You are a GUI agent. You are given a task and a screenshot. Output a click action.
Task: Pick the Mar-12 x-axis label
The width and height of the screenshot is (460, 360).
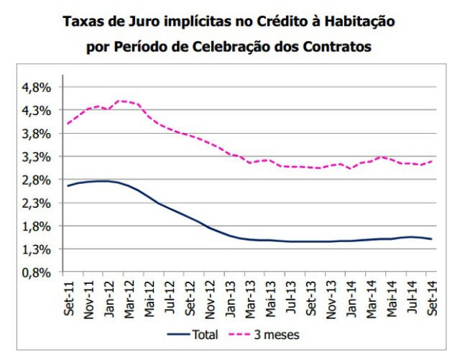126,294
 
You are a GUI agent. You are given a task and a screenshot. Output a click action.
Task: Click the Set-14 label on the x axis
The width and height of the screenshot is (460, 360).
433,294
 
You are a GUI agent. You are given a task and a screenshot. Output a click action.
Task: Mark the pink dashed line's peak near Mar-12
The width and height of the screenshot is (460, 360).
121,101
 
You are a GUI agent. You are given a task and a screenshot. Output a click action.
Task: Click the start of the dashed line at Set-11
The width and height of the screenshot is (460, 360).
67,124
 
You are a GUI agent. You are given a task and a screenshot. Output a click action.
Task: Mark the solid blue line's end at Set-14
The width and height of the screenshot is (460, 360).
431,239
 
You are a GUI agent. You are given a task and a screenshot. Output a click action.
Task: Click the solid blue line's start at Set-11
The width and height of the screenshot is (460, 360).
67,186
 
